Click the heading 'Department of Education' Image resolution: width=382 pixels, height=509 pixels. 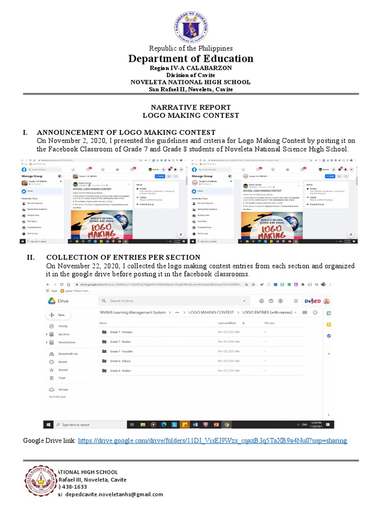[x=191, y=59]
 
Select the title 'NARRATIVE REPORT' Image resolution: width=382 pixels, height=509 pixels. [x=191, y=107]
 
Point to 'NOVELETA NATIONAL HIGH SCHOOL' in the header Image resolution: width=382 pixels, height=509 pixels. [x=191, y=82]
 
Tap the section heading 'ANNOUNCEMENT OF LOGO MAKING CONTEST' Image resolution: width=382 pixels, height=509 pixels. [x=126, y=132]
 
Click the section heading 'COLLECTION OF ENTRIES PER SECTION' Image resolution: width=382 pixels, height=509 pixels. [x=123, y=257]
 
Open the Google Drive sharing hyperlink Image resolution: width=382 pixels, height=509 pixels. [x=212, y=441]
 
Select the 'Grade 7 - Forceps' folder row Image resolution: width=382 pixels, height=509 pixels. [x=121, y=332]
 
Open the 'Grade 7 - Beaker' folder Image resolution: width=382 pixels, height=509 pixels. [x=120, y=342]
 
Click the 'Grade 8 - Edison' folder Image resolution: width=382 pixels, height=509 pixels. [x=120, y=361]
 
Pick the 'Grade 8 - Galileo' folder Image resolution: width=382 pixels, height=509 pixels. [x=120, y=371]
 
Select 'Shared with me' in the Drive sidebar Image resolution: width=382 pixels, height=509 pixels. [x=68, y=354]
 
